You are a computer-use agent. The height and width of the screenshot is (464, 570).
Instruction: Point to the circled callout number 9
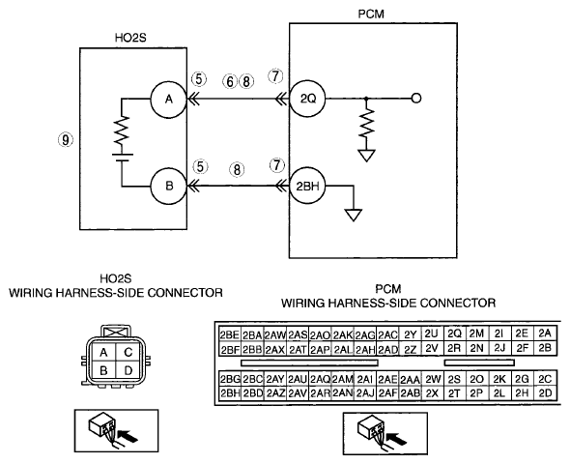click(66, 139)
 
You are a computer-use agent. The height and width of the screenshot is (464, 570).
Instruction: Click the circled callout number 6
click(230, 82)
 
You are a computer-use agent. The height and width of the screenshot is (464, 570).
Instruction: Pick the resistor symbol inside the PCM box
click(366, 124)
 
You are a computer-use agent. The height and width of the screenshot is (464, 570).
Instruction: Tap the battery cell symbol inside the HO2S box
click(122, 158)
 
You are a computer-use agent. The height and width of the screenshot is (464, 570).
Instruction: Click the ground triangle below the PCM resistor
click(366, 156)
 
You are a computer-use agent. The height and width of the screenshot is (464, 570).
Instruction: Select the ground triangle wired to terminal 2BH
click(354, 215)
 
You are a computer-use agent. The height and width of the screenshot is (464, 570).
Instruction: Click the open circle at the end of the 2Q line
click(416, 99)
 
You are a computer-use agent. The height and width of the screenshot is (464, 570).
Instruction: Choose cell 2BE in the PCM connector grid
click(229, 334)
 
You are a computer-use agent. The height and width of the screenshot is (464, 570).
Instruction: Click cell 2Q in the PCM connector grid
click(454, 333)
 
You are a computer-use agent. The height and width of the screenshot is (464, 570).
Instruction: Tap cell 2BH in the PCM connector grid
click(229, 393)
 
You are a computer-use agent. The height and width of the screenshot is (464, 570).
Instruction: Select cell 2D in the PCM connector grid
click(545, 392)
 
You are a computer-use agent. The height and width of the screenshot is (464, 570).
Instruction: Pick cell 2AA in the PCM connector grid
click(410, 380)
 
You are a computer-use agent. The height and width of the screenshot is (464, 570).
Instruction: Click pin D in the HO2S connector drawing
click(128, 370)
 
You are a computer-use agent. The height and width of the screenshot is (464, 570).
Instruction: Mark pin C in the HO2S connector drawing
click(128, 352)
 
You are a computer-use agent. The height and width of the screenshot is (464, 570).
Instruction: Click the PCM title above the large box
click(371, 14)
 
